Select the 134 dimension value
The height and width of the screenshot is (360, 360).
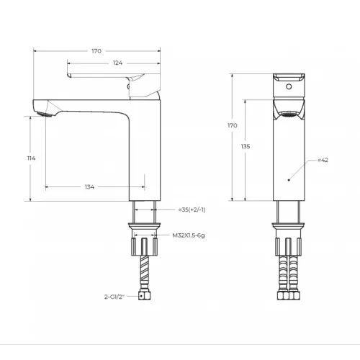point(89,186)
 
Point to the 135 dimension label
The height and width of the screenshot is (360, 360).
point(246,146)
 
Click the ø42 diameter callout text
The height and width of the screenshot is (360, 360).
point(323,160)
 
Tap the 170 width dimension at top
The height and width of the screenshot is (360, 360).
point(96,51)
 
